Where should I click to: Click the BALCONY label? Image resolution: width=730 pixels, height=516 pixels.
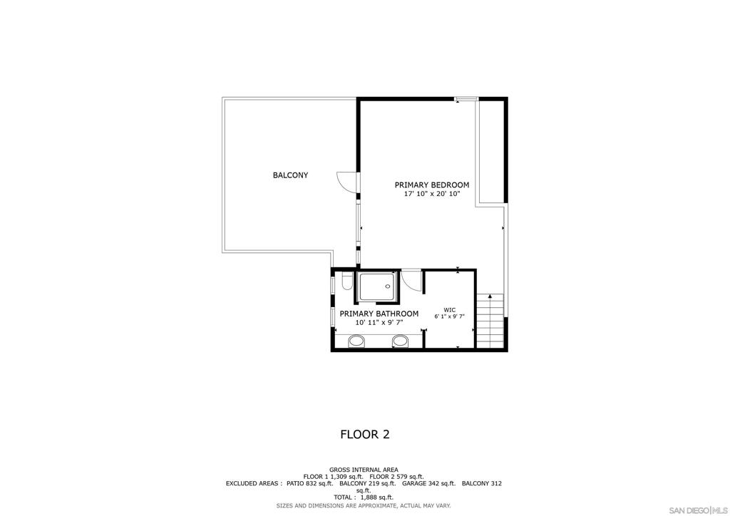(290, 175)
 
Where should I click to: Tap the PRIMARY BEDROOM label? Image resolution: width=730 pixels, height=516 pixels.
(432, 185)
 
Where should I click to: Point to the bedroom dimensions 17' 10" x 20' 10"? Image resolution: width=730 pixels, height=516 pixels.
(432, 194)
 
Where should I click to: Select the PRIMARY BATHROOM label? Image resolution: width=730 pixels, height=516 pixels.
(379, 314)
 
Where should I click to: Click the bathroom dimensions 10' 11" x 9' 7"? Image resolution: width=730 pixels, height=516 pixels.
(379, 322)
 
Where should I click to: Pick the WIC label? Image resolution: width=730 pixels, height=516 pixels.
(449, 310)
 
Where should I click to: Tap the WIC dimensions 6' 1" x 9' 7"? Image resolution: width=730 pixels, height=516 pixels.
(449, 316)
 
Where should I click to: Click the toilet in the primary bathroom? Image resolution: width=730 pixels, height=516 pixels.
(346, 282)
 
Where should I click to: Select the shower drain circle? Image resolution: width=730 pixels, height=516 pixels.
(387, 287)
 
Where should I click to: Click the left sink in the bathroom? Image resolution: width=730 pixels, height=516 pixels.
(356, 341)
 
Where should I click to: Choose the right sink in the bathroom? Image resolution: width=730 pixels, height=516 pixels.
(401, 341)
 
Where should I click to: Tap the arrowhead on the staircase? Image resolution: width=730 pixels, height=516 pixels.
(490, 296)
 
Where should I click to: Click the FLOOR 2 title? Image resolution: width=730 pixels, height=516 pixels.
(365, 435)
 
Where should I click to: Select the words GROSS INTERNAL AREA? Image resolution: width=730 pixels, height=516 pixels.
(364, 470)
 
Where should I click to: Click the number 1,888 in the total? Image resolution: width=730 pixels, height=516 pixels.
(370, 497)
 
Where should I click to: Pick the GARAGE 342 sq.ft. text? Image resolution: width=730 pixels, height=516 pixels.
(428, 483)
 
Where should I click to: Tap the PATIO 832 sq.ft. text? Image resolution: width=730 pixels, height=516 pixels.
(309, 483)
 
